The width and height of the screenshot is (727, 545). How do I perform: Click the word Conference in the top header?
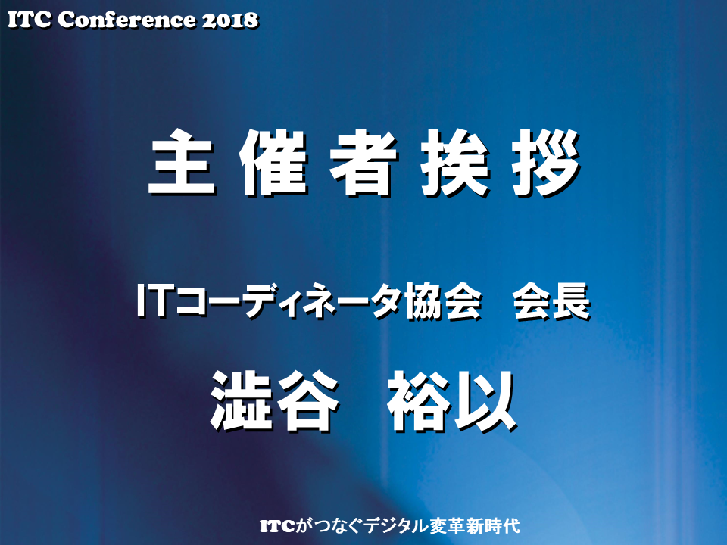[127, 20]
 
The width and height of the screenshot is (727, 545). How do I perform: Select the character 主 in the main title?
[183, 163]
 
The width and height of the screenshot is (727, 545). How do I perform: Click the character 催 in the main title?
[273, 163]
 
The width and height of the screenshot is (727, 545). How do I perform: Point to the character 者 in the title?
[364, 163]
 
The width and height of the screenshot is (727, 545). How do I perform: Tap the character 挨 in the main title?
[456, 163]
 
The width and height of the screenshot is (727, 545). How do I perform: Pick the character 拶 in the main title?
[547, 163]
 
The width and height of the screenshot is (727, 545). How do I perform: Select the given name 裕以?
[452, 401]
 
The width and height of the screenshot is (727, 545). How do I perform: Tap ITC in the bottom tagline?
[277, 526]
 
